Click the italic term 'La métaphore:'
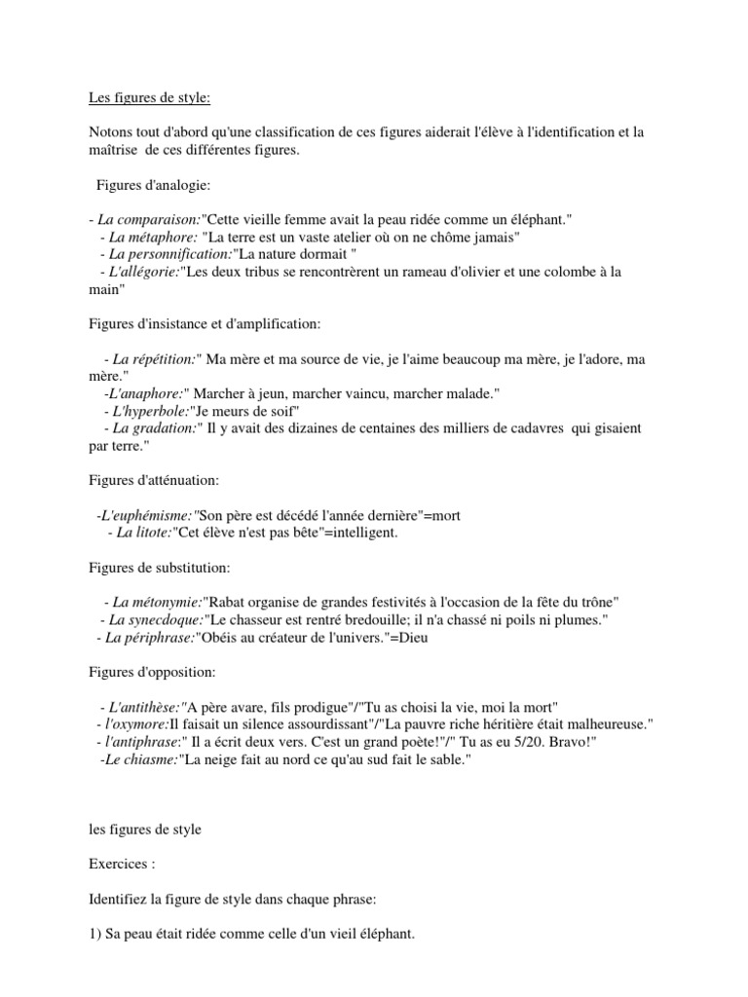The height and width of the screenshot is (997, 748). [154, 239]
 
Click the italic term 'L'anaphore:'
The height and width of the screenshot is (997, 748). [143, 393]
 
